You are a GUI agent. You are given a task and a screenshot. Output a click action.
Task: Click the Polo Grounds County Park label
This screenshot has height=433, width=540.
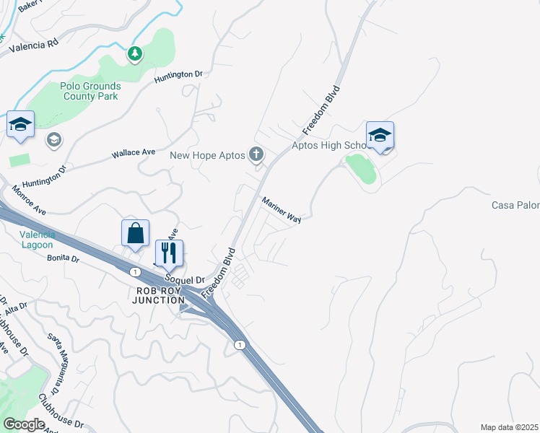[92, 90]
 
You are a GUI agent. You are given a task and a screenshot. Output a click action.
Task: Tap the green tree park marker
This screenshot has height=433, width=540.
[134, 53]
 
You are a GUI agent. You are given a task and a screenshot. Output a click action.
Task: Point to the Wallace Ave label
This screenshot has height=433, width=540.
[134, 154]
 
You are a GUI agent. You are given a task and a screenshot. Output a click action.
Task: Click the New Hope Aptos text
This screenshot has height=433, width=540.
[207, 155]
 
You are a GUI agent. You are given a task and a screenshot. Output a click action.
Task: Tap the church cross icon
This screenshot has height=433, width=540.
[256, 154]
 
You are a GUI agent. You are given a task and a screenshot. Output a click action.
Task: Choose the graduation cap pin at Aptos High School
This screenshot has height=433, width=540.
[380, 134]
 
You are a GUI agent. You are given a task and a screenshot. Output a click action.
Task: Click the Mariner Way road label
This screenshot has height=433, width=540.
[281, 209]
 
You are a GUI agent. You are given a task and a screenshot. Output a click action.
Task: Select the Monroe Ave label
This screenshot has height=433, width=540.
[29, 201]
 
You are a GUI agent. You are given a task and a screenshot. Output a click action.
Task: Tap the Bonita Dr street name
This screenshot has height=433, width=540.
[63, 258]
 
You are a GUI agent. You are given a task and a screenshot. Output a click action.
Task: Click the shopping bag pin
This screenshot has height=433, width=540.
[135, 233]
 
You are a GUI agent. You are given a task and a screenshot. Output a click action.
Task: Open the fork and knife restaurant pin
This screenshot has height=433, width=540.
[169, 253]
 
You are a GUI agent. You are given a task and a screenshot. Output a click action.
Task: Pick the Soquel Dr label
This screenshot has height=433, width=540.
[186, 278]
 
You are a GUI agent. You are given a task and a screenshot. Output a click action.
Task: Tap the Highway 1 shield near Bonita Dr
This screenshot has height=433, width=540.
[135, 271]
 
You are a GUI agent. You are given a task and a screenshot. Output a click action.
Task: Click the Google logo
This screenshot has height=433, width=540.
[24, 424]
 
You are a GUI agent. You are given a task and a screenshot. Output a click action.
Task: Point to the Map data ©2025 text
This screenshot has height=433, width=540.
[509, 427]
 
